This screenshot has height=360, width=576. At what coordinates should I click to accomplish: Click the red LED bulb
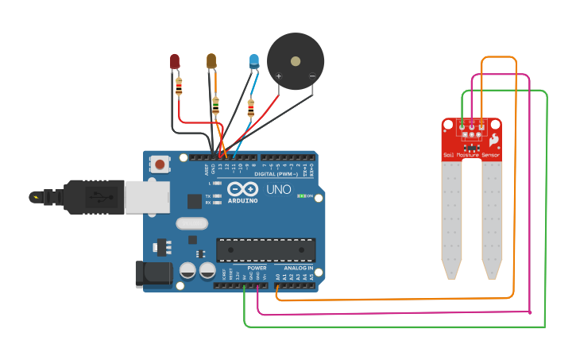click(175, 60)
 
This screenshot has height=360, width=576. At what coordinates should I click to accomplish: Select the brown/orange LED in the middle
click(211, 60)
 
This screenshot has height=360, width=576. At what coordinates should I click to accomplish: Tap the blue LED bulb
click(253, 60)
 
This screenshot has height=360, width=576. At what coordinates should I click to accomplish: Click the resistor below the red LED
click(179, 86)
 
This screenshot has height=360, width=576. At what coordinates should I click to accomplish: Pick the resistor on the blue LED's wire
click(251, 107)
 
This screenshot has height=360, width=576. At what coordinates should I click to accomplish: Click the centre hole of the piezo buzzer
click(296, 61)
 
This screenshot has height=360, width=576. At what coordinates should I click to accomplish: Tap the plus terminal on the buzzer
click(278, 76)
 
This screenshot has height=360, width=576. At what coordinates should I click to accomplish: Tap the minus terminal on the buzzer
click(311, 76)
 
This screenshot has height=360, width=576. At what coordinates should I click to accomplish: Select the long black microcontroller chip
click(266, 250)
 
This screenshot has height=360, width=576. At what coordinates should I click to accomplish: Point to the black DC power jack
click(153, 273)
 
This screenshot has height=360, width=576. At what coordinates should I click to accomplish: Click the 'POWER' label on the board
click(257, 268)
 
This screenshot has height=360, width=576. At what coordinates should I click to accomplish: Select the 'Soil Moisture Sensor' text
click(471, 155)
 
